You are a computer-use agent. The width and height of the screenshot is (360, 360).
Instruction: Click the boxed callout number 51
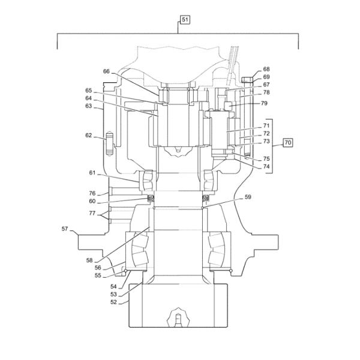[x=185, y=20]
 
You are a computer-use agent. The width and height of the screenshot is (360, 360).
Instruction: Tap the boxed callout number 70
[x=287, y=143]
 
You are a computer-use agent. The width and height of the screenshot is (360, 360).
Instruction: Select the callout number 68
[x=266, y=69]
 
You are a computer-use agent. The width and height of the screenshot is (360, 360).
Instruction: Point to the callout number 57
[x=65, y=229]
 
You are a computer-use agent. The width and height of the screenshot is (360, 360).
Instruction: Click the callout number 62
[x=89, y=135]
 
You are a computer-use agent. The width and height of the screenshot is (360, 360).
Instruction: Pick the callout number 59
[x=248, y=197]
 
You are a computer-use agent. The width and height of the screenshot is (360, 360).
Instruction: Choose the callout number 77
[x=92, y=213]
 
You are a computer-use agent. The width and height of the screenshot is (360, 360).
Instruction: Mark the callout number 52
[x=113, y=302]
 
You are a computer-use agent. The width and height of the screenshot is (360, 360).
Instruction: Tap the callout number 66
[x=106, y=71]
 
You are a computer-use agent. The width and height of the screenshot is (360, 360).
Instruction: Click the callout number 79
[x=264, y=103]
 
